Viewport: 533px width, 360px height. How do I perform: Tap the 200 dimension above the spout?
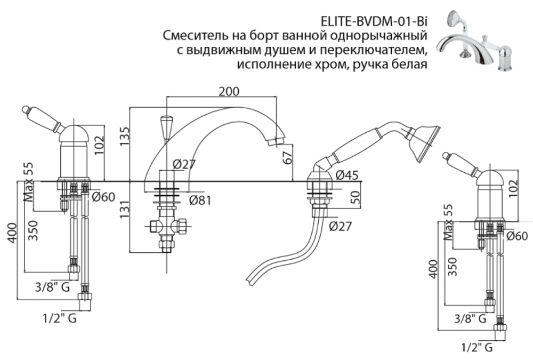[x=229, y=91]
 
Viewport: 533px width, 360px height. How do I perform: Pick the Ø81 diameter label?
[x=201, y=201]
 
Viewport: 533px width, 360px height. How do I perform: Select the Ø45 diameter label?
[x=347, y=174]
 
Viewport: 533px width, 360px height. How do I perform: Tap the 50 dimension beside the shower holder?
[x=354, y=199]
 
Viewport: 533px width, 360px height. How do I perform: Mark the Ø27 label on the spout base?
[x=184, y=165]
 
